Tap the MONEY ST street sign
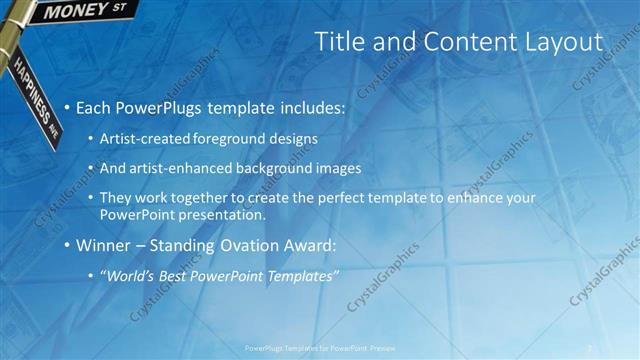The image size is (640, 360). (86, 11)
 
